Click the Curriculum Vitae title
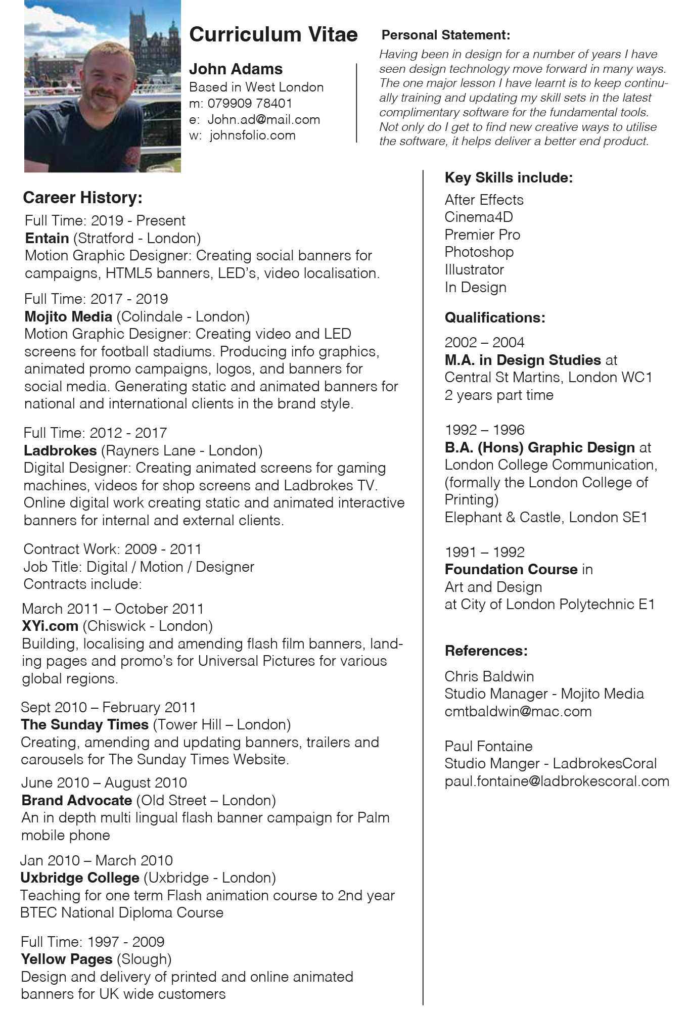273,34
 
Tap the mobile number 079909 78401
250,104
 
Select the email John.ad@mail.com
263,120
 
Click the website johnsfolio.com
252,135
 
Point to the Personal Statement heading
445,35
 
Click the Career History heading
82,198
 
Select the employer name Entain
47,238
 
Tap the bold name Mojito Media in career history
68,316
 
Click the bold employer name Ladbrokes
60,450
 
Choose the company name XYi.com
50,626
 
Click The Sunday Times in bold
84,724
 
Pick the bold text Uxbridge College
80,878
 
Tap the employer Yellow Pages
67,959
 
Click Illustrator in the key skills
474,269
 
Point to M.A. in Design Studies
522,360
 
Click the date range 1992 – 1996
484,430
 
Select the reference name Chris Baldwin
489,676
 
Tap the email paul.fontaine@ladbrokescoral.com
557,781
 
